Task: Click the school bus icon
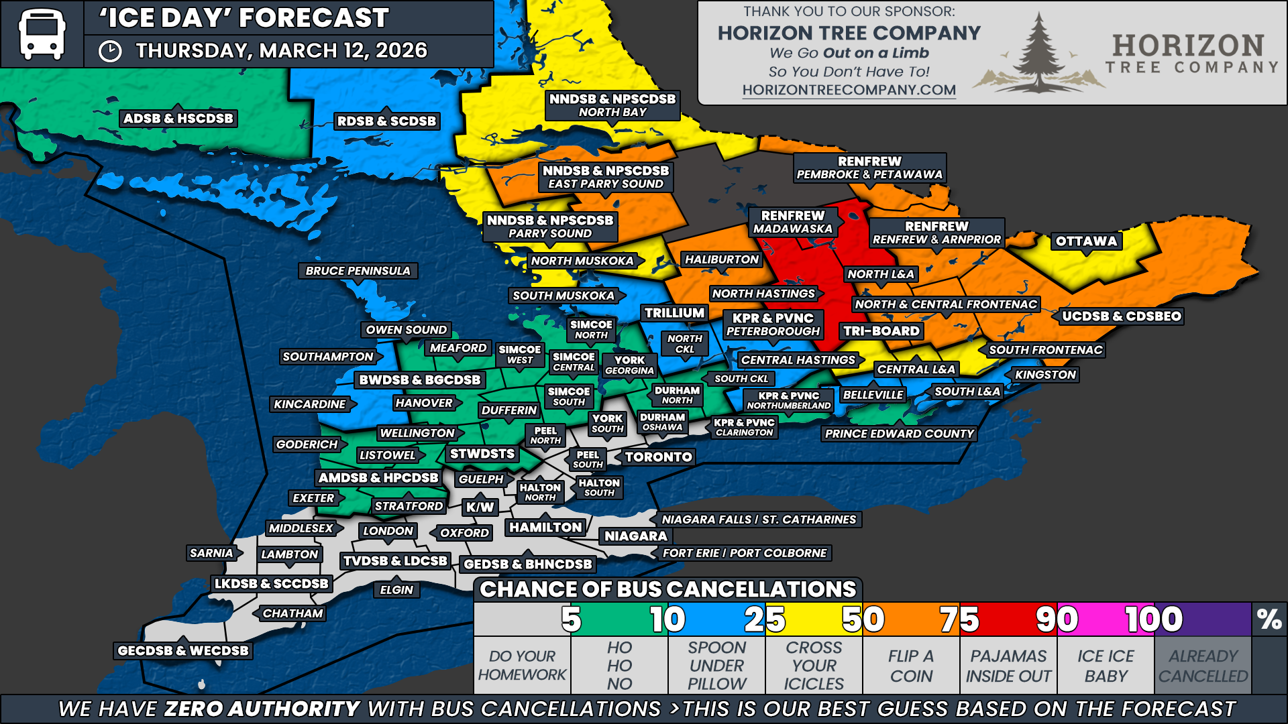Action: pos(42,34)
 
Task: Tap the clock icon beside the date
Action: pos(110,51)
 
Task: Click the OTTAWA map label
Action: pos(1086,241)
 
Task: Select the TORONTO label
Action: pos(658,457)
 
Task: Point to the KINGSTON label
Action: pos(1045,375)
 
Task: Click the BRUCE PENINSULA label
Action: pos(358,271)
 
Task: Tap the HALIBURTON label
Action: pos(721,259)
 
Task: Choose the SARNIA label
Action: pos(211,553)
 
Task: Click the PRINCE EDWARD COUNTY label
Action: pos(899,434)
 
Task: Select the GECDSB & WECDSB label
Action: pos(182,650)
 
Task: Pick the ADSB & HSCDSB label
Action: pos(178,119)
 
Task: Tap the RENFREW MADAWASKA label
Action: pos(792,222)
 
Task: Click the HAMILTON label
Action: pos(545,528)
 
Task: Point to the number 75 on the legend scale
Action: pos(959,619)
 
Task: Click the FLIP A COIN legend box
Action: pos(911,665)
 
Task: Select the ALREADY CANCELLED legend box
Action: pos(1203,665)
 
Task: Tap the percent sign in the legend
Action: pos(1269,619)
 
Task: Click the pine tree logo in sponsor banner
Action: pos(1038,54)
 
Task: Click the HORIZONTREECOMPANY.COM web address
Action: pos(849,90)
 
